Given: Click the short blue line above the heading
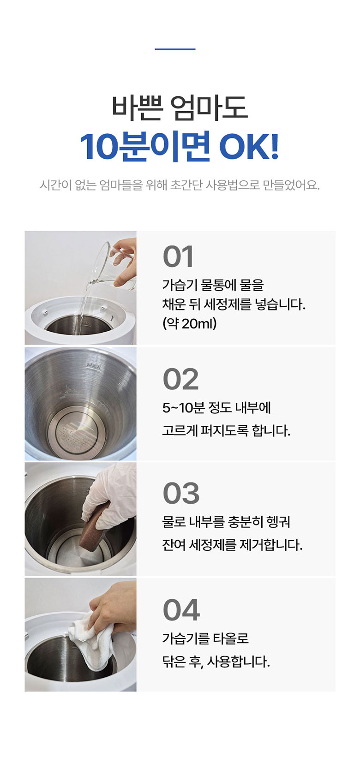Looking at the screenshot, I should coord(175,49).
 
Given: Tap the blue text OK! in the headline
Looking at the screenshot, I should coord(249,147).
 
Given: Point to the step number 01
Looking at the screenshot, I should coord(178,257).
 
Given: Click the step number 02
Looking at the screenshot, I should coord(180,379).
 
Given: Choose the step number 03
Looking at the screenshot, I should coord(181,494).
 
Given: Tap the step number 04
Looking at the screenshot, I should coord(181,610).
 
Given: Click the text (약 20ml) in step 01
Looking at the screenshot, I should coord(189,323).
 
